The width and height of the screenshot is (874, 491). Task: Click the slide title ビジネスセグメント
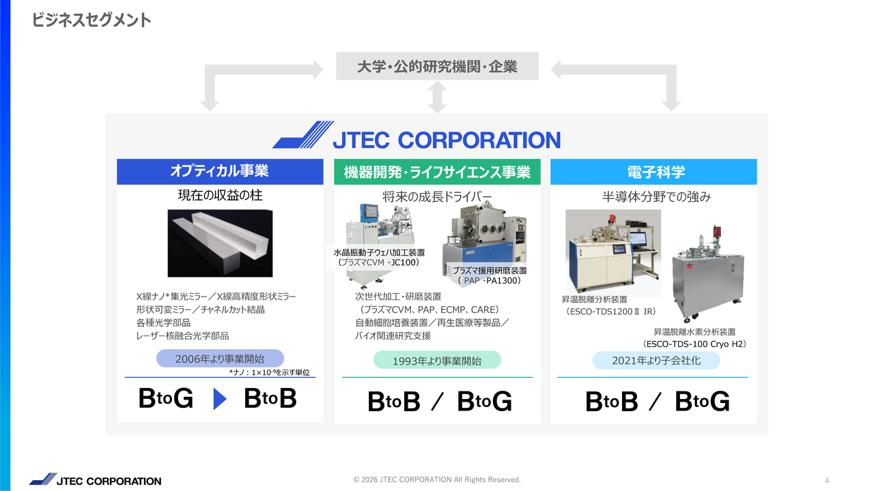pyautogui.click(x=91, y=20)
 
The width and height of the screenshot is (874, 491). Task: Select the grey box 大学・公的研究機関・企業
pyautogui.click(x=437, y=66)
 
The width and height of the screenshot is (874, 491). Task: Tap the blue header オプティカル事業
pyautogui.click(x=220, y=171)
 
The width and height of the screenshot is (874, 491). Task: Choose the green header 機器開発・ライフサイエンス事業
pyautogui.click(x=437, y=171)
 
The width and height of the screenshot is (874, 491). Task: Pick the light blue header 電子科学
pyautogui.click(x=653, y=171)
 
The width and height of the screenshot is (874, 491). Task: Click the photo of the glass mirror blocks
pyautogui.click(x=220, y=243)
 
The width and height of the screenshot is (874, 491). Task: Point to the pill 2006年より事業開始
pyautogui.click(x=220, y=359)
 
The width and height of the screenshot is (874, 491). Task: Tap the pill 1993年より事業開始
pyautogui.click(x=437, y=360)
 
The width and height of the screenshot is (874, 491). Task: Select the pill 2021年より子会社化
pyautogui.click(x=656, y=361)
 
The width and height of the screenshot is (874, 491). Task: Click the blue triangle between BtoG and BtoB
pyautogui.click(x=220, y=399)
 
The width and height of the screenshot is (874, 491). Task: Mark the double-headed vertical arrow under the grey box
pyautogui.click(x=438, y=97)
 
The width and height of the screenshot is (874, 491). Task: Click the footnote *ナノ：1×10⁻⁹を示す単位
pyautogui.click(x=269, y=372)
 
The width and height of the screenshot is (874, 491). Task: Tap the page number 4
pyautogui.click(x=827, y=481)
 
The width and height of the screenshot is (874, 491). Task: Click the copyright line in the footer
pyautogui.click(x=437, y=479)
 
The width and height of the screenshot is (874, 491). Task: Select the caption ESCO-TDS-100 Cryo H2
pyautogui.click(x=694, y=344)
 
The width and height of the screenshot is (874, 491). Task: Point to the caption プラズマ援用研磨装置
pyautogui.click(x=490, y=271)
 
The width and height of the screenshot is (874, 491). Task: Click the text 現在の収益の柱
pyautogui.click(x=220, y=195)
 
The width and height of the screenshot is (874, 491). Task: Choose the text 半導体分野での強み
pyautogui.click(x=656, y=197)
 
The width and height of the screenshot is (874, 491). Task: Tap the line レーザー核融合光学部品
pyautogui.click(x=182, y=336)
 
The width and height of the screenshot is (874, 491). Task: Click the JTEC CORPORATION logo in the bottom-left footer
pyautogui.click(x=95, y=479)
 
